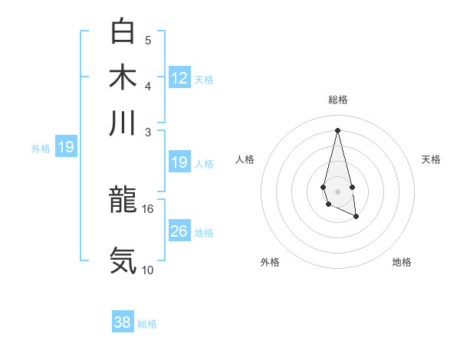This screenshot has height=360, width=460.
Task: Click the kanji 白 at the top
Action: pos(123,31)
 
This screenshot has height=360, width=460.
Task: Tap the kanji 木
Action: pos(123,77)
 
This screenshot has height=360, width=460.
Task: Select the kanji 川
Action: pos(123,123)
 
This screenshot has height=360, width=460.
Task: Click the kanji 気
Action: pos(123,260)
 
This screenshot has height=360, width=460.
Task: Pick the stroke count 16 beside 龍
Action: pos(148,208)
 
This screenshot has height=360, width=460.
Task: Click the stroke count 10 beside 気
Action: pos(148,270)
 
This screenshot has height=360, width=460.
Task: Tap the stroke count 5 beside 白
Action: pos(148,41)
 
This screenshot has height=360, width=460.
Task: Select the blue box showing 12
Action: pos(179,77)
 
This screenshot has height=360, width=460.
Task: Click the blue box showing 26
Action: pos(179,231)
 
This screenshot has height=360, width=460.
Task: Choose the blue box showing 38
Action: pos(123,322)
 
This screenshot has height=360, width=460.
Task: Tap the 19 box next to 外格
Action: pos(66,147)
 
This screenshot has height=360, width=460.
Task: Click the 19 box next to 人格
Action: pos(179,162)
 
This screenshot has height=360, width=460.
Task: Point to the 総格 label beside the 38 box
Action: pos(147,324)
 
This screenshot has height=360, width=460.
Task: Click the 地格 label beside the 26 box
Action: pos(205,232)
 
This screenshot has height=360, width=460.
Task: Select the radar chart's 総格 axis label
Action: pos(337,100)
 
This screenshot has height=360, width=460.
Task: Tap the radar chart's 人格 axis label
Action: pos(245,159)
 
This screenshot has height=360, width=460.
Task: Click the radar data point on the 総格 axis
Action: pos(337,129)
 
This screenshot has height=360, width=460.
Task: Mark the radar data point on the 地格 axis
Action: pos(356,217)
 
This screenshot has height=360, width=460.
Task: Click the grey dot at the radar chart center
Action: pos(337,190)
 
